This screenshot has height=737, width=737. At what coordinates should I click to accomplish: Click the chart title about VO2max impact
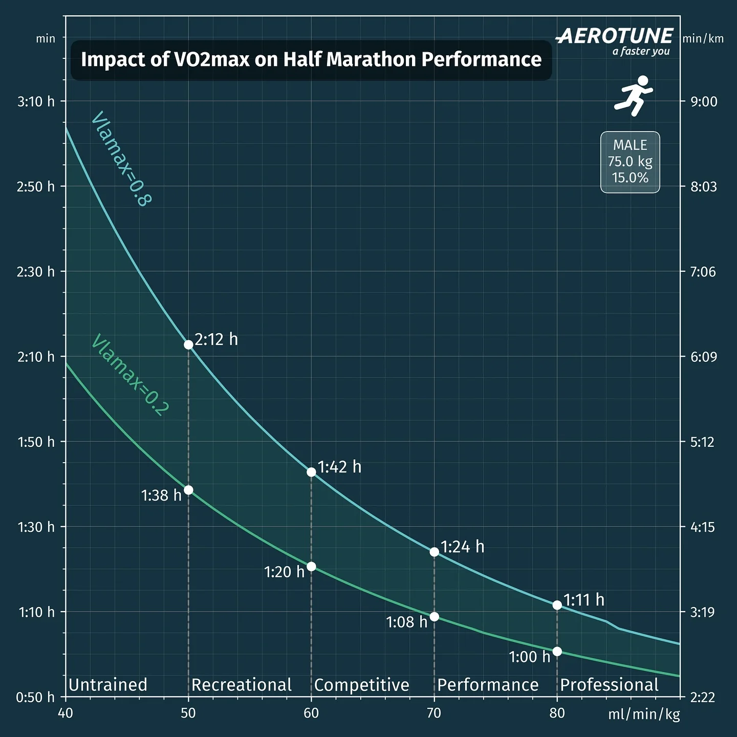coord(311,60)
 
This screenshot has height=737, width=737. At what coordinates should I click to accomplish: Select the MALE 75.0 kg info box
coord(630,162)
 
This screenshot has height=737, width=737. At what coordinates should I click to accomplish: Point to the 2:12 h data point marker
coord(188,344)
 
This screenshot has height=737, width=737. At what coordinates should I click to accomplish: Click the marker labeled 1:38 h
coord(188,490)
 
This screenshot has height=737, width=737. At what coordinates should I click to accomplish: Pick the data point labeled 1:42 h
coord(311,472)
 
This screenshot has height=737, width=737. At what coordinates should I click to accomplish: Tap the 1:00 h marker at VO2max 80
coord(557,652)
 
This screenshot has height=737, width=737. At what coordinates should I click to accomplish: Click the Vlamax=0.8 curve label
coord(121,159)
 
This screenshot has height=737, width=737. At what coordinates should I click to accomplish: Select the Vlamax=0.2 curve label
coord(129,375)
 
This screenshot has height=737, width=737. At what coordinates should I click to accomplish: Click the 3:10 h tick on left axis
coord(36,101)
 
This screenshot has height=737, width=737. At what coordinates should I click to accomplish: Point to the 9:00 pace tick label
coord(704,101)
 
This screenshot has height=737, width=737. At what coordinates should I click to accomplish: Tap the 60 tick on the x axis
coord(311,713)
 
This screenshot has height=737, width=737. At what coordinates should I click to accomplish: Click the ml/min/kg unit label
coord(644,714)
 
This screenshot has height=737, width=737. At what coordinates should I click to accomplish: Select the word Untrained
coord(108,685)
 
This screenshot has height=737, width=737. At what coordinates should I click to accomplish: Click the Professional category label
coord(609,685)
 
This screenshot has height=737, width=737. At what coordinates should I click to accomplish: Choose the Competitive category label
coord(361,685)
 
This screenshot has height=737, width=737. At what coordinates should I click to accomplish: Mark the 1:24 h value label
coord(462,547)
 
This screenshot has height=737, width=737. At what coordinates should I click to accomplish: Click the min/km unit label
coord(703,39)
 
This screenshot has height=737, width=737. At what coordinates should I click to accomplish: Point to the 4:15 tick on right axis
coord(703,527)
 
